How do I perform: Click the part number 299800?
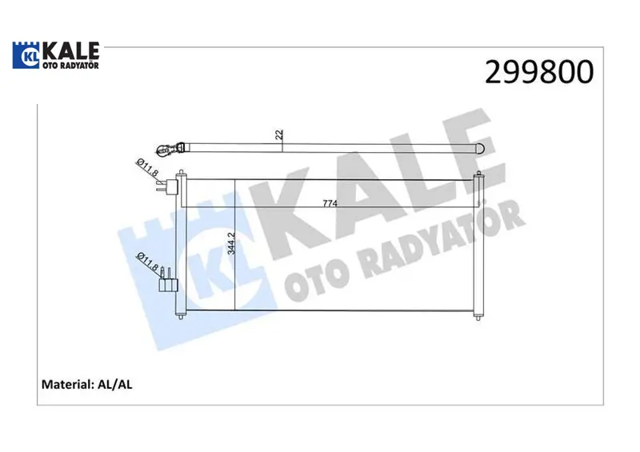[539, 71]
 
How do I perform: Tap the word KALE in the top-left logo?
[71, 51]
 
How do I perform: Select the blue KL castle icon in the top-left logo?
[26, 55]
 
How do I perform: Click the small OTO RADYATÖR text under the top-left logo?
[71, 66]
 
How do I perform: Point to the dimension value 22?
[279, 134]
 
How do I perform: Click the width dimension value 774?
[330, 203]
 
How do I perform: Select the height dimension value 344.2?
[231, 243]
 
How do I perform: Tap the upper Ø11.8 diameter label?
[147, 167]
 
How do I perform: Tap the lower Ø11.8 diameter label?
[148, 262]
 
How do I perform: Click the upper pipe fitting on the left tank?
[167, 186]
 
